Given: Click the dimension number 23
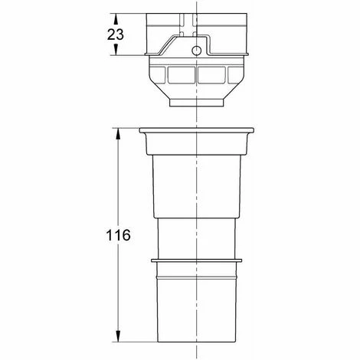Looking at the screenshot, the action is (116, 34).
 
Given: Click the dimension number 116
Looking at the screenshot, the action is (118, 235).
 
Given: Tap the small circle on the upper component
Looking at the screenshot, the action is (196, 51).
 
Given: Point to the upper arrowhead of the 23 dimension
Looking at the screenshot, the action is (116, 18).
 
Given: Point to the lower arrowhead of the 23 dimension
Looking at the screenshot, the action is (116, 50).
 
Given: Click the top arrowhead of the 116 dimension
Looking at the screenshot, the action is (118, 133).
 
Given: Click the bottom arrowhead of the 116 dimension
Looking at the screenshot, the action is (118, 336).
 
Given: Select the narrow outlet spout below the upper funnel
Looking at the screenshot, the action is (197, 103).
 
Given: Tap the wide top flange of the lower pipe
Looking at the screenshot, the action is (197, 130).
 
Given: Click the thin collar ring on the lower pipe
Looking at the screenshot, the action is (196, 260).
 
